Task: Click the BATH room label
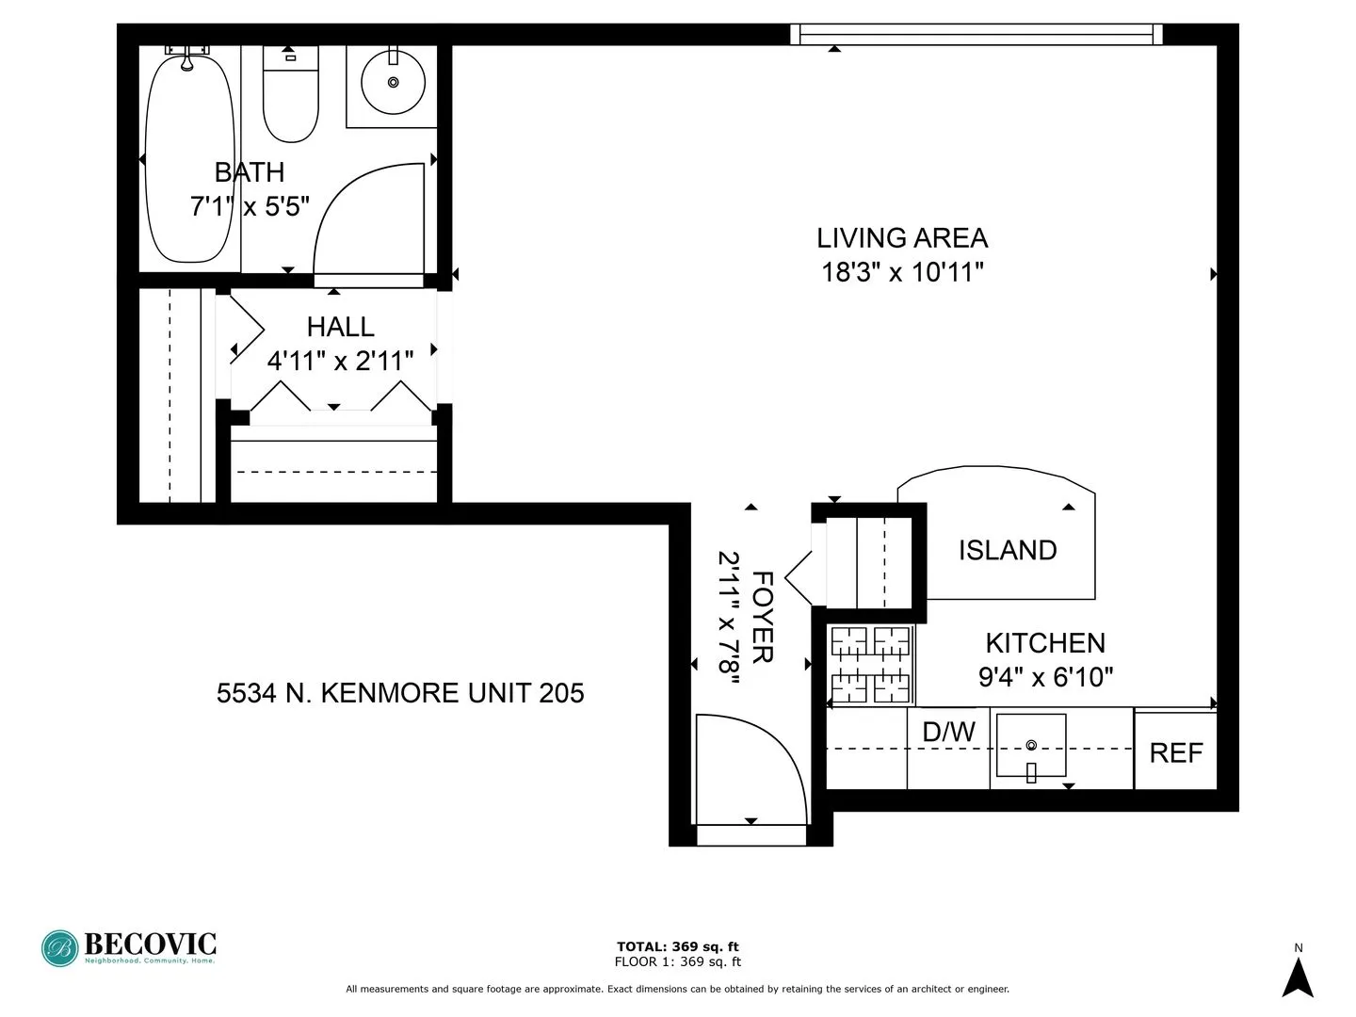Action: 249,172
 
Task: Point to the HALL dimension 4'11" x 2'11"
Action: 340,361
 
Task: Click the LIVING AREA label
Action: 901,237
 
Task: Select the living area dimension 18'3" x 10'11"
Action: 902,272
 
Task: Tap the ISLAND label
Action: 1007,550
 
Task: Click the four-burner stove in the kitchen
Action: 870,665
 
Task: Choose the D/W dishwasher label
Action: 948,732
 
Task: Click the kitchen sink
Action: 1031,745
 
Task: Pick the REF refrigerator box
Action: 1175,751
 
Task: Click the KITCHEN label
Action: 1044,643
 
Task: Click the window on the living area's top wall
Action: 976,35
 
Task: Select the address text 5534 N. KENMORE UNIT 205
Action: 400,693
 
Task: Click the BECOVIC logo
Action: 129,947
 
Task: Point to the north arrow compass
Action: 1299,976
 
